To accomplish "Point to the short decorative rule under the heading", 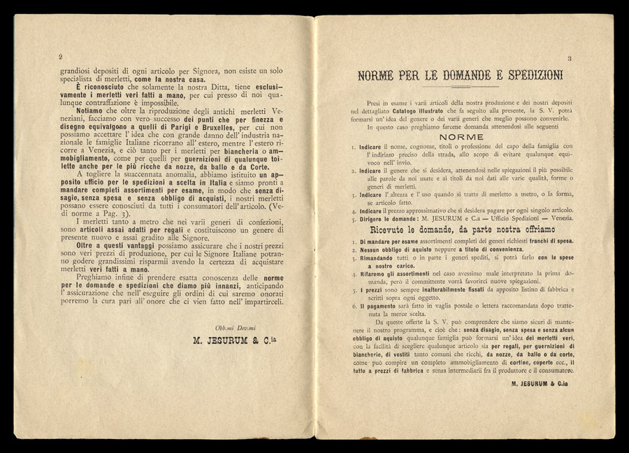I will pyautogui.click(x=462, y=88).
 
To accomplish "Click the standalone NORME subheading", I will pyautogui.click(x=462, y=137).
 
